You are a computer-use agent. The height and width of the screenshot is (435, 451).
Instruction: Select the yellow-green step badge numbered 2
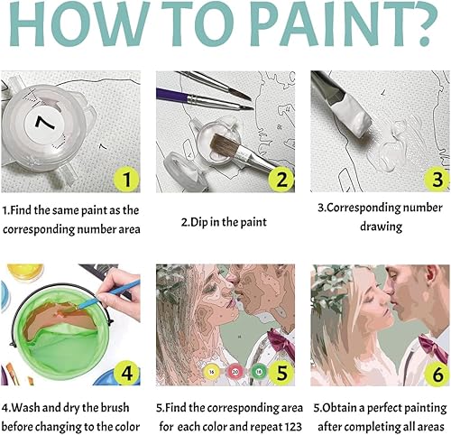point(280,179)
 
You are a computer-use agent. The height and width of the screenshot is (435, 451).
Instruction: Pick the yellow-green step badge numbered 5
point(280,371)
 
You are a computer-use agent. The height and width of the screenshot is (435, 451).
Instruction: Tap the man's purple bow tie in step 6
point(429,343)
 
